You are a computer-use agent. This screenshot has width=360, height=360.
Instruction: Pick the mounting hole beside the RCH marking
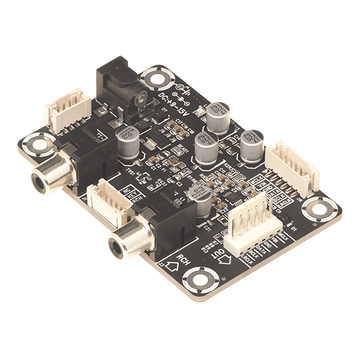tap(199, 280)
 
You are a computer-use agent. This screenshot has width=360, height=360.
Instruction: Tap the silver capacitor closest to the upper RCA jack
tap(130, 142)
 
